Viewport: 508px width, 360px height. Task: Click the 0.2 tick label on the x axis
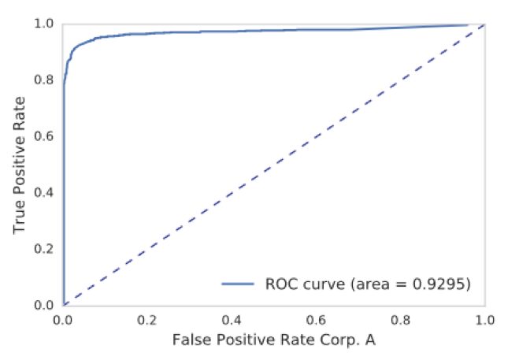tap(147, 321)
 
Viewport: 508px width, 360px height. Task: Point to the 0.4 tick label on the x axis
tap(232, 321)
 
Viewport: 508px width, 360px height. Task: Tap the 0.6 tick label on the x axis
tap(316, 321)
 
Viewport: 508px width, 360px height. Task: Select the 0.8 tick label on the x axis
tap(400, 321)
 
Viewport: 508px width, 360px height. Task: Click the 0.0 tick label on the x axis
tap(63, 321)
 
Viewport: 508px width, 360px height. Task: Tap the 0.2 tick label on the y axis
tap(46, 249)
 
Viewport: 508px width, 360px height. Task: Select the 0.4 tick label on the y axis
tap(46, 192)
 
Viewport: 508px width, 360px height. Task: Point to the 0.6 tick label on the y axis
tap(46, 136)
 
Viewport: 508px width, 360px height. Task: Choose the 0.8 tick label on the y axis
tap(46, 80)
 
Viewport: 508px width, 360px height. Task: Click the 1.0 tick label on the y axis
tap(46, 24)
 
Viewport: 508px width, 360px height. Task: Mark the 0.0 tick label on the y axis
tap(46, 305)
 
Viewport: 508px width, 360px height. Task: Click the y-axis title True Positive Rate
tap(20, 164)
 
